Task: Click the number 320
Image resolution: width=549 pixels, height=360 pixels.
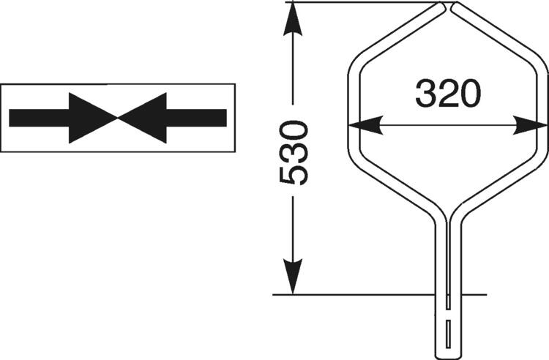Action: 448,94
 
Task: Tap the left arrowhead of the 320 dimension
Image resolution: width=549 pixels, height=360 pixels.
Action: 366,125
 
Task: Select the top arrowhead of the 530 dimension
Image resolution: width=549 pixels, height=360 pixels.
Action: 292,18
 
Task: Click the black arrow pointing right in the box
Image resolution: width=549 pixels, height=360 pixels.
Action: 62,117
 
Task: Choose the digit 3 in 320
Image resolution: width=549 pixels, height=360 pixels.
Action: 427,94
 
